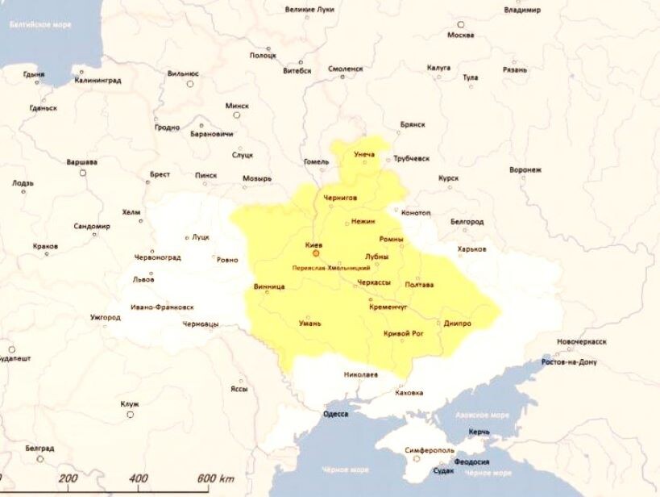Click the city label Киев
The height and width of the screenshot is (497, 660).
click(x=314, y=243)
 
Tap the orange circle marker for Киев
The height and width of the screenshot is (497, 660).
click(x=316, y=253)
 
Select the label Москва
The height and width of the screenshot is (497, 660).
click(x=460, y=35)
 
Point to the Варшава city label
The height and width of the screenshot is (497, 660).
click(x=81, y=162)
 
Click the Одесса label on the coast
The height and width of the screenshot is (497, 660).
click(x=335, y=414)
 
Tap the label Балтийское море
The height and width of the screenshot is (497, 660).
click(x=40, y=24)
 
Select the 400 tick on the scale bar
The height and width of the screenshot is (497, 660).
click(x=138, y=478)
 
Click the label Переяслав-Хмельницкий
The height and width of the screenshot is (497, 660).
click(x=331, y=267)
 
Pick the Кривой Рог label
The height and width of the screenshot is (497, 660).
click(x=404, y=332)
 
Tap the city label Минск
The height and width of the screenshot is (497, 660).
click(x=237, y=106)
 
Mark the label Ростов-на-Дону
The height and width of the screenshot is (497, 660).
click(x=569, y=362)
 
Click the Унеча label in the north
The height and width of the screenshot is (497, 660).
click(x=364, y=153)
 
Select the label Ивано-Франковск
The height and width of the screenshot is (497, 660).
click(x=162, y=307)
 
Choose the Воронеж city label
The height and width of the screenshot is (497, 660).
click(x=525, y=170)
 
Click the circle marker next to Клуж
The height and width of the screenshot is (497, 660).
click(x=130, y=415)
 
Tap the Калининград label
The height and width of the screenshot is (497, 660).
click(x=98, y=81)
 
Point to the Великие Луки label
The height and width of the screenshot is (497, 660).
click(x=311, y=10)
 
